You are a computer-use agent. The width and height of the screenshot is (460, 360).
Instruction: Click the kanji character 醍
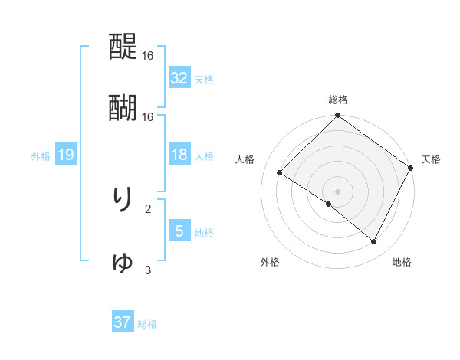pos(123,48)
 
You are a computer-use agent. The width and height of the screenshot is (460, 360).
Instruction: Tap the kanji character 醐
pos(123,107)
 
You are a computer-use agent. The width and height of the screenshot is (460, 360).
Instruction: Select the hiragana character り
pos(123,198)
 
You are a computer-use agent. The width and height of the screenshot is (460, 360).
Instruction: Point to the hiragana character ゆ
pos(123,262)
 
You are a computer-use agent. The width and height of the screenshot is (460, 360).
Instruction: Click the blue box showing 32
pos(179,78)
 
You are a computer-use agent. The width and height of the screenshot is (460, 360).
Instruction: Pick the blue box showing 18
pos(179,155)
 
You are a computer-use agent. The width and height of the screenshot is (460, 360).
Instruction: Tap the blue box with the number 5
pos(179,231)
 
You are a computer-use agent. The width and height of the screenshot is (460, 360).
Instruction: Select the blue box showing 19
pos(66,155)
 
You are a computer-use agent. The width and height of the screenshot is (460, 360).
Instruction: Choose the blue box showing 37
pos(123,323)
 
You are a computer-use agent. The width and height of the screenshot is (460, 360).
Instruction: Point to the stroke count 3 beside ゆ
pos(148,270)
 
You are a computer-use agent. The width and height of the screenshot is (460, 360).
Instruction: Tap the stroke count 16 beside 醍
pos(148,56)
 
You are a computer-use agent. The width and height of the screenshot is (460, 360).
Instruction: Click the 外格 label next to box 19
pos(41,156)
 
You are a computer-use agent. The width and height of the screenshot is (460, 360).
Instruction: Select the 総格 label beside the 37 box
pos(147,324)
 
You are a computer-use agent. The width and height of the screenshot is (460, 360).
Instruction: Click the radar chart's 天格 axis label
pos(431,159)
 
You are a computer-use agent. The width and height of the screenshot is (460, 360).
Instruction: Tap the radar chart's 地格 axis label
pos(402,262)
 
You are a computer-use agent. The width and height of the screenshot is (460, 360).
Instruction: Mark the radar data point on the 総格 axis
pos(337,116)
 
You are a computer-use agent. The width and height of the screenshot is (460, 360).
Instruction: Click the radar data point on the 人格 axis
pos(280,172)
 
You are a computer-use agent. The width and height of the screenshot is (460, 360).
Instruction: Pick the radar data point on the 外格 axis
pos(329,204)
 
